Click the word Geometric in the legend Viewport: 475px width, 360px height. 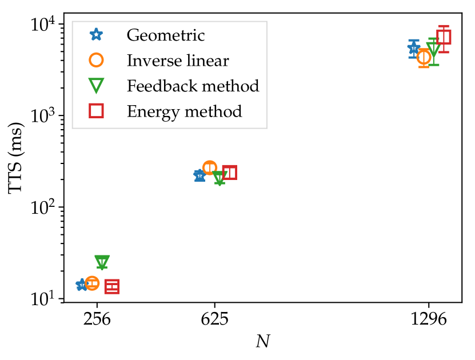click(x=165, y=35)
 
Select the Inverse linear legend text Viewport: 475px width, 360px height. click(x=177, y=61)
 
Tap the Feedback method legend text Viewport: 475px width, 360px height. click(x=193, y=86)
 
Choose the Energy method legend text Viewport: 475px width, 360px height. click(x=184, y=111)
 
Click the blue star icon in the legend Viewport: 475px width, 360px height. click(x=96, y=35)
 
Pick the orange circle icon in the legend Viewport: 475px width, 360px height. click(x=96, y=60)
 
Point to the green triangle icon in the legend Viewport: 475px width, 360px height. click(x=96, y=86)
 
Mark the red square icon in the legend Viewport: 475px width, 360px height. click(x=96, y=111)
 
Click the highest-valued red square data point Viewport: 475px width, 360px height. click(x=444, y=37)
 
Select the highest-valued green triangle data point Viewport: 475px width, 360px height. click(x=433, y=49)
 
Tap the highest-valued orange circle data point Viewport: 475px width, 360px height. click(x=424, y=57)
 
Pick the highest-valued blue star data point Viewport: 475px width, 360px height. click(x=413, y=49)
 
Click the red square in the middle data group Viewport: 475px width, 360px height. click(x=229, y=172)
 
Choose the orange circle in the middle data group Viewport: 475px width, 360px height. click(x=210, y=167)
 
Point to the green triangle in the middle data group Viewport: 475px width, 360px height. click(x=219, y=177)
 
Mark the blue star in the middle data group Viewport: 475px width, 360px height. click(x=199, y=175)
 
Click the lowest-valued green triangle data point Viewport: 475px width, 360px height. click(x=102, y=261)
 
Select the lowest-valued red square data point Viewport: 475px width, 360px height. click(x=111, y=286)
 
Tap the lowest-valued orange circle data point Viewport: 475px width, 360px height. click(x=92, y=283)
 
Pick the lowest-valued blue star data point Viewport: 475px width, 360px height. click(x=82, y=285)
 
